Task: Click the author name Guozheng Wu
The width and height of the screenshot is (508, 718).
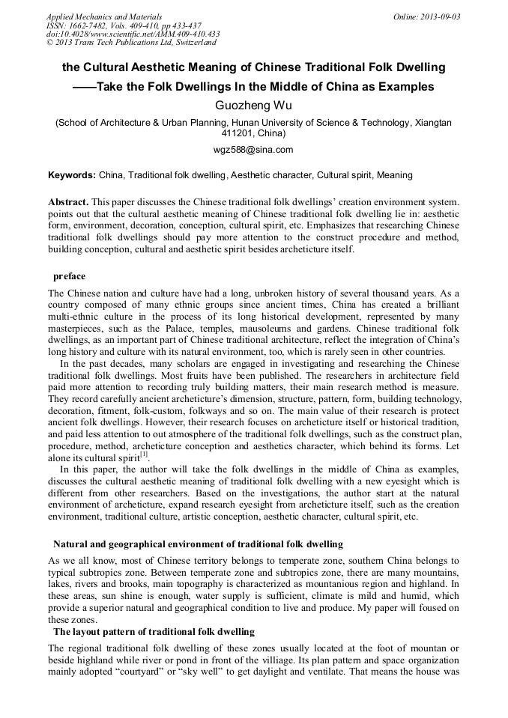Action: tap(253, 106)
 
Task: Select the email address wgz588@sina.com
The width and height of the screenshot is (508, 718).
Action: tap(253, 149)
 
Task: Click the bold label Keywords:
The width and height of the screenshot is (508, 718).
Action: tap(72, 175)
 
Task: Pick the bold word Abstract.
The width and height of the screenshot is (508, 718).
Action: tap(68, 203)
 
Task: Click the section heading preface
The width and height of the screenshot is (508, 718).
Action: tap(69, 276)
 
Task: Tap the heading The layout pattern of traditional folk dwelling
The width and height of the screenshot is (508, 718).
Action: tap(154, 632)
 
